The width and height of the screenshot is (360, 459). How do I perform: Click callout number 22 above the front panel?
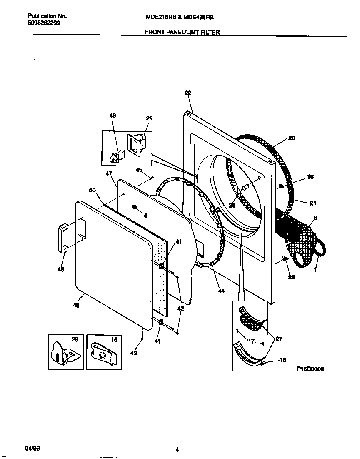187,93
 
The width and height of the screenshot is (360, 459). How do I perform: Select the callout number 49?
113,115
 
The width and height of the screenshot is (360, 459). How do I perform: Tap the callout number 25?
149,118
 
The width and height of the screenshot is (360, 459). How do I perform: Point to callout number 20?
291,138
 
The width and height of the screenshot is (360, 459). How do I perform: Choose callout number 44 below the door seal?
221,291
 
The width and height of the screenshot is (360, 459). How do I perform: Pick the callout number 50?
92,190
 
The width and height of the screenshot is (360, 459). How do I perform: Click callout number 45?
139,170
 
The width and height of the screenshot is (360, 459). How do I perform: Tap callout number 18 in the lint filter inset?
282,360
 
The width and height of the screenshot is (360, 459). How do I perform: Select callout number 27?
279,339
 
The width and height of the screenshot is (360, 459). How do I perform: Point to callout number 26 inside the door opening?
232,205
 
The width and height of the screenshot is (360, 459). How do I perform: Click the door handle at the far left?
62,238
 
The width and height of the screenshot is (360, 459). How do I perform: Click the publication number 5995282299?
44,23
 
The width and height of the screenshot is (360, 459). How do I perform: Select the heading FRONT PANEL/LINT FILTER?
182,32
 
